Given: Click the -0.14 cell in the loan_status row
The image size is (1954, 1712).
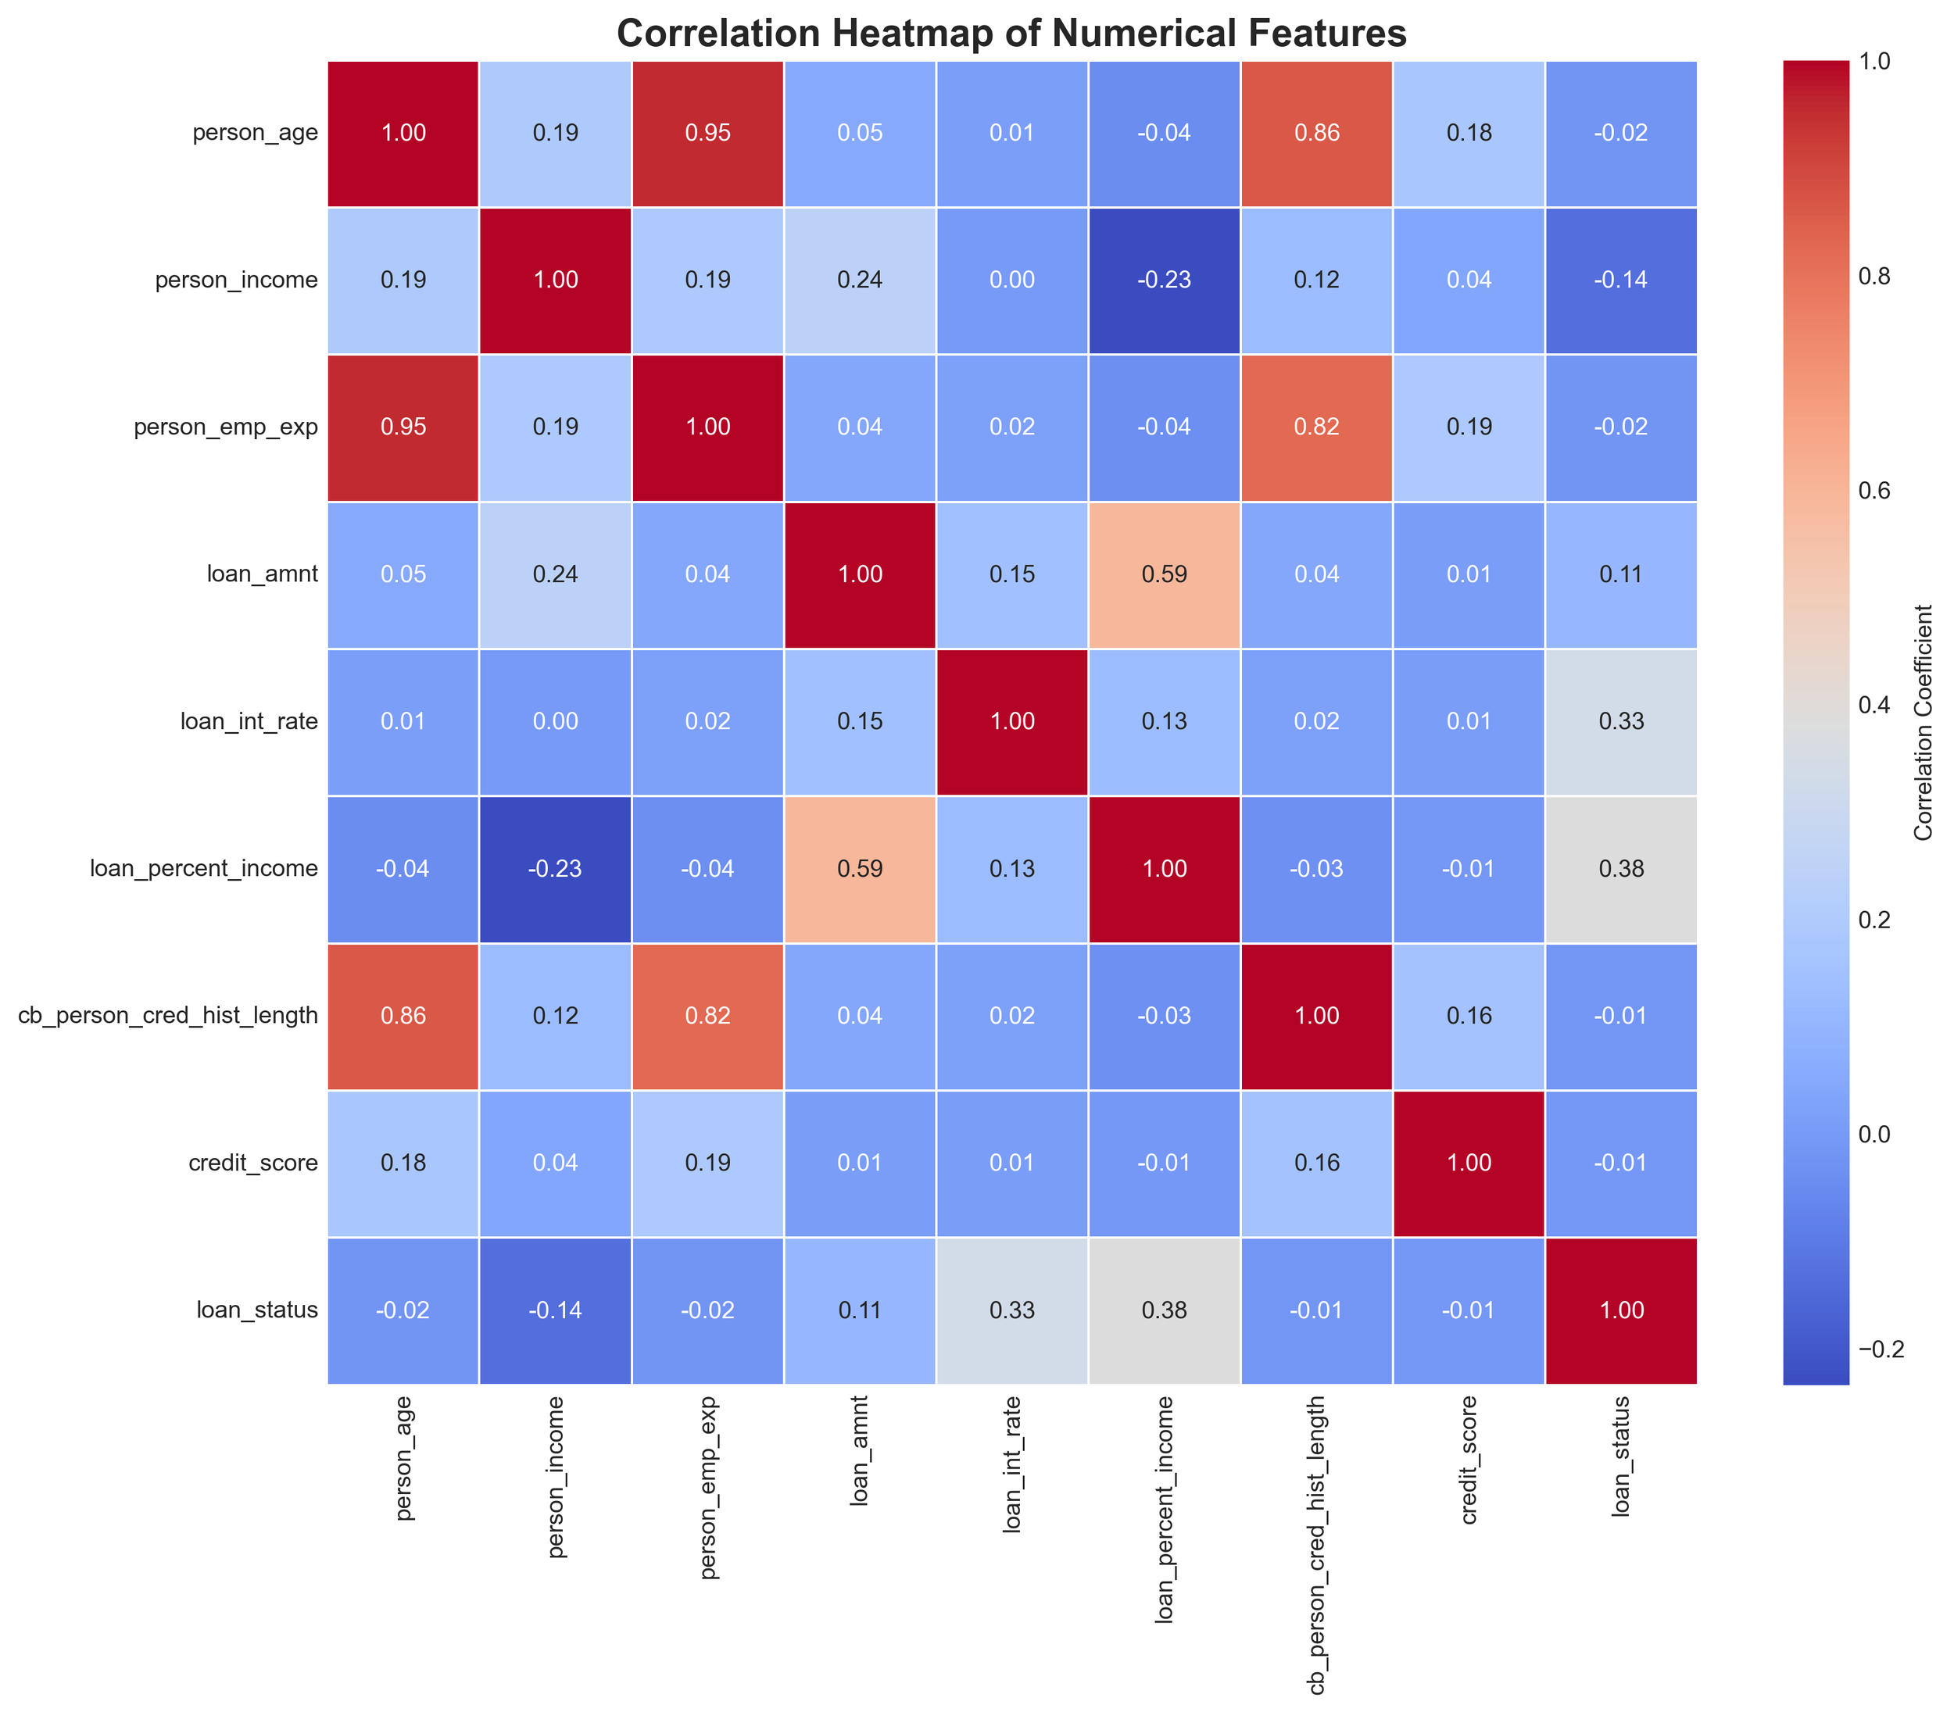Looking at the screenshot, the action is click(x=555, y=1310).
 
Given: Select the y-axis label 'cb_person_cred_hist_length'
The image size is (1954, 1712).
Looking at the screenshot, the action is click(x=168, y=1016).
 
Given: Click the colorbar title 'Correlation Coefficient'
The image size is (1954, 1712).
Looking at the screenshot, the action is click(x=1924, y=721).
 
